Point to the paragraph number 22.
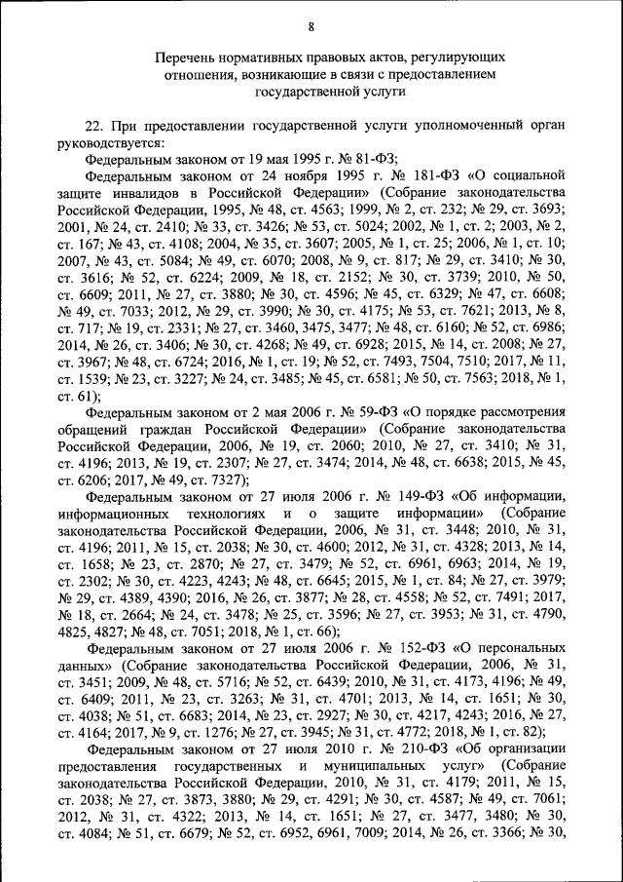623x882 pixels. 93,126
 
